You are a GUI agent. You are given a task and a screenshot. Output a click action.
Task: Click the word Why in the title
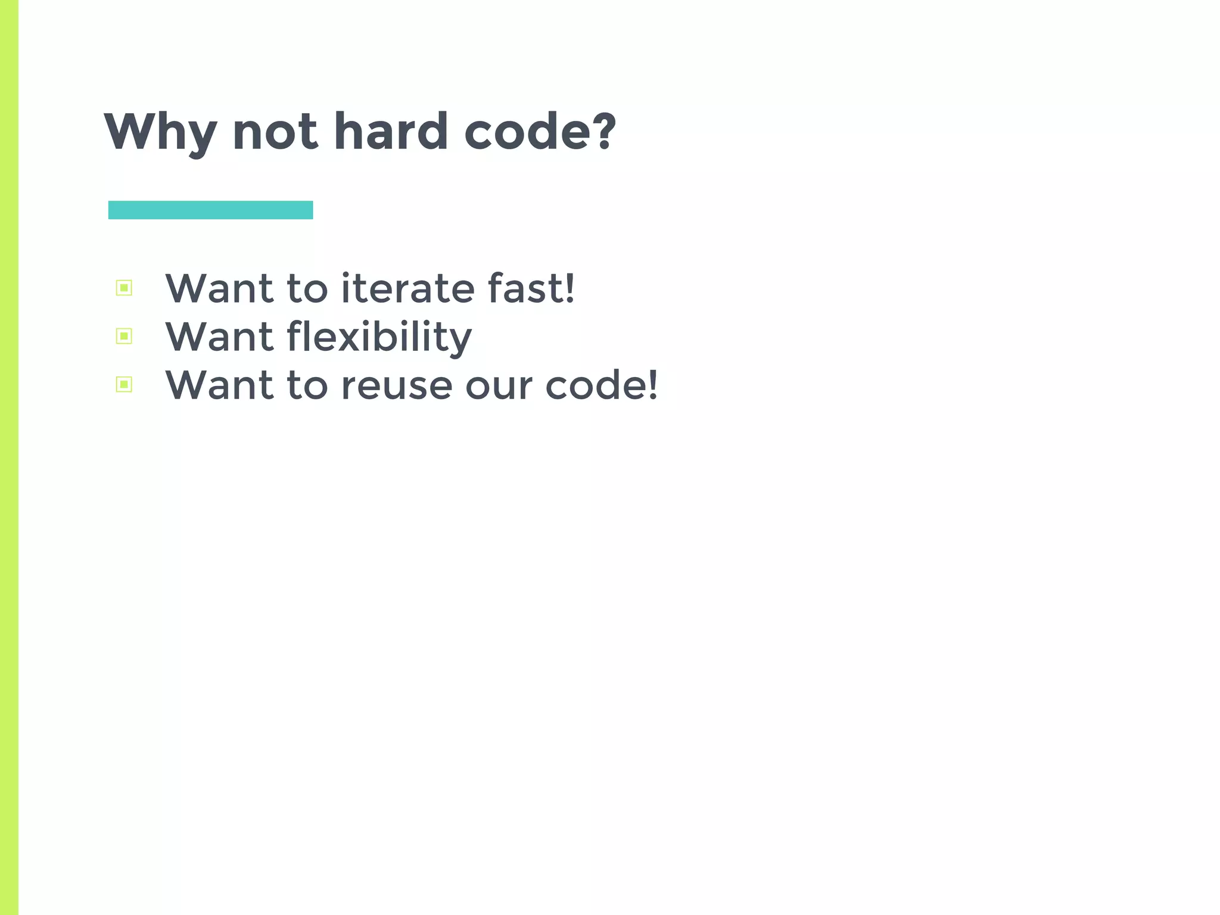pyautogui.click(x=160, y=132)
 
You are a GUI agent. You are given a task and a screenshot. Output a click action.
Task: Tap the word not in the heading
pyautogui.click(x=275, y=132)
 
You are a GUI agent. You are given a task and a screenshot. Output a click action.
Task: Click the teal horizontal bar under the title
pyautogui.click(x=210, y=210)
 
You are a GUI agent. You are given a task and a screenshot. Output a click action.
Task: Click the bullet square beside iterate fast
pyautogui.click(x=124, y=288)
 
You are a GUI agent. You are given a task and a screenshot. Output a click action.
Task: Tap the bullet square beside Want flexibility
pyautogui.click(x=124, y=337)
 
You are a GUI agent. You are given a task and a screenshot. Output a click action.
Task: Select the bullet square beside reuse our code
pyautogui.click(x=124, y=385)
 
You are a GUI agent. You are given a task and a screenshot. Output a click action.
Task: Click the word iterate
pyautogui.click(x=407, y=288)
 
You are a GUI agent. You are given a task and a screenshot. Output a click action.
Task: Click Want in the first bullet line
pyautogui.click(x=219, y=288)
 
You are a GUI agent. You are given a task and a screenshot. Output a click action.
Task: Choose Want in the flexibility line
pyautogui.click(x=219, y=337)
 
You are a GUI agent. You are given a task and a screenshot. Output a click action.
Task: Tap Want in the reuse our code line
pyautogui.click(x=219, y=385)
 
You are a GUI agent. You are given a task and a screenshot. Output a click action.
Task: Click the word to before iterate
pyautogui.click(x=307, y=288)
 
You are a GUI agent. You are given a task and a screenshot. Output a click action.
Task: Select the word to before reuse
pyautogui.click(x=307, y=385)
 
